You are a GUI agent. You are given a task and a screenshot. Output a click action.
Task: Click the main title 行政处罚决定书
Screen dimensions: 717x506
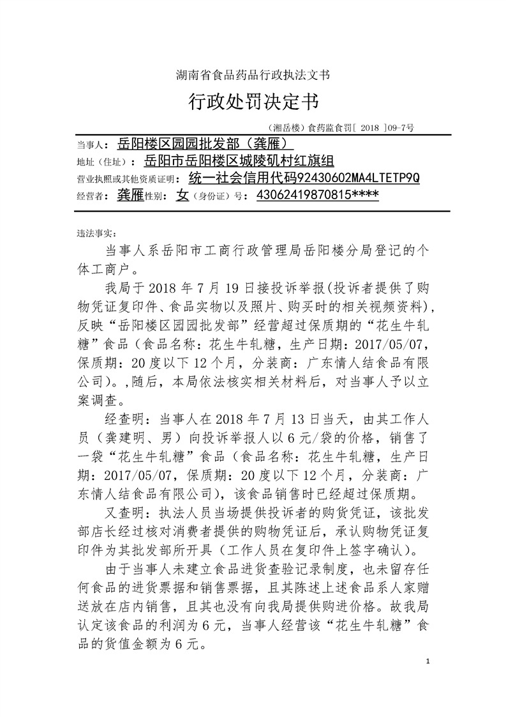[x=253, y=100]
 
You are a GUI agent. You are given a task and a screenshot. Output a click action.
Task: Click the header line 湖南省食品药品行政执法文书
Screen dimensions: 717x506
[x=253, y=75]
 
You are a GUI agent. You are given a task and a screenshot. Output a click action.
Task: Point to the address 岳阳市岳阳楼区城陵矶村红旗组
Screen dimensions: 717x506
[x=241, y=160]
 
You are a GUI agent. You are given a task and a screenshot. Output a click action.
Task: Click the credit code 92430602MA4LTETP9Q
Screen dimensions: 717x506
[x=359, y=177]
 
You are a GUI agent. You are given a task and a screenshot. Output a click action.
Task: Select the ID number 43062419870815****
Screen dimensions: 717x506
[x=317, y=196]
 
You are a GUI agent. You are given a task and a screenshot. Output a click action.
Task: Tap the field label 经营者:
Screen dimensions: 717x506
[x=89, y=197]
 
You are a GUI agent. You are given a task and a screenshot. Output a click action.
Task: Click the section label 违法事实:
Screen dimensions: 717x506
[x=91, y=232]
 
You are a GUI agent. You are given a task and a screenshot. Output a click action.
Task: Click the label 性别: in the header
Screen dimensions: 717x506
[x=158, y=197]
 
